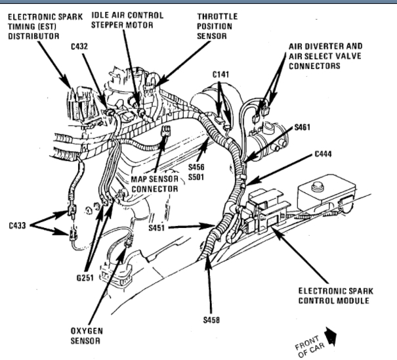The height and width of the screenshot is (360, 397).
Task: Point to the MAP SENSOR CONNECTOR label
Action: (x=155, y=184)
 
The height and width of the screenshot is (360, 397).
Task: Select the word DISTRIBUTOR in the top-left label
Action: (x=33, y=36)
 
